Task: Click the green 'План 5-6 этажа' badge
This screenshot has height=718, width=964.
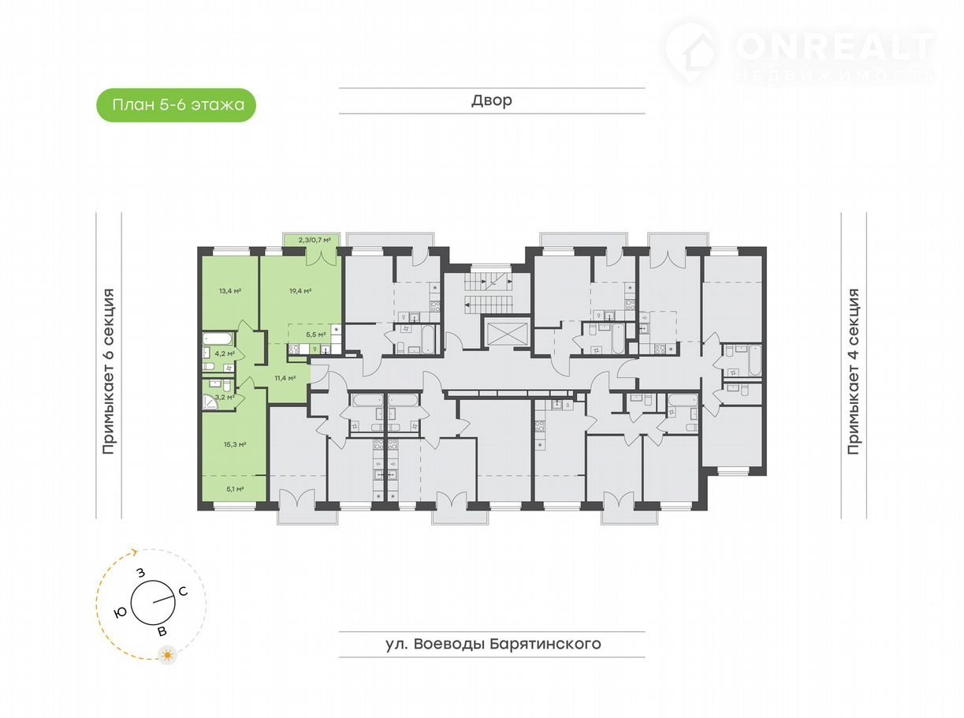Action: coord(176,104)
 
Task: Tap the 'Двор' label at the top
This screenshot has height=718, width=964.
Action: coord(492,100)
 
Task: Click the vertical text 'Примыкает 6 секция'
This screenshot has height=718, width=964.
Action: coord(109,372)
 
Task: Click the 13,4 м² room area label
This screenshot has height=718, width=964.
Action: coord(230,290)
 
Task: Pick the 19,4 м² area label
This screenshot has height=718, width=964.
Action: coord(300,290)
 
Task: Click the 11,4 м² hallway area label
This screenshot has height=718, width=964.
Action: coord(285,378)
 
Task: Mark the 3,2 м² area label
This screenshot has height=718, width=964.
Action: coord(225,397)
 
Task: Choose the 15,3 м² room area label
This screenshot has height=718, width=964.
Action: coord(236,444)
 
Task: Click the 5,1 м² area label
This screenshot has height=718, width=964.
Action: coord(234,489)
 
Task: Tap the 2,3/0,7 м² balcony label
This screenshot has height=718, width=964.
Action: coord(313,239)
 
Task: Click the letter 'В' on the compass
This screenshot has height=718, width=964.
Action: coord(162,632)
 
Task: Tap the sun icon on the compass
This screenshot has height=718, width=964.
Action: coord(166,654)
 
